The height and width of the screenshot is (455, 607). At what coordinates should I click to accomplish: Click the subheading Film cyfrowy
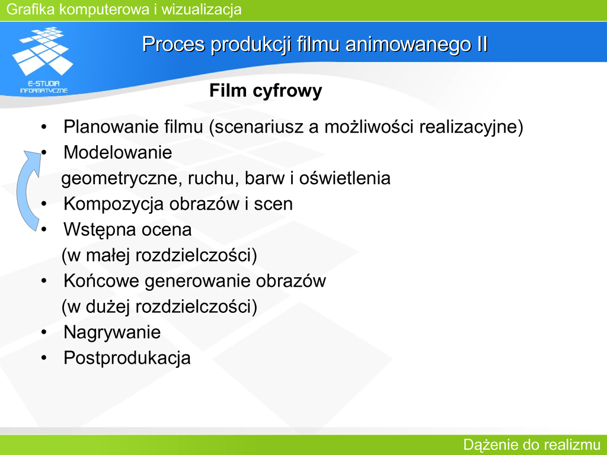(x=266, y=91)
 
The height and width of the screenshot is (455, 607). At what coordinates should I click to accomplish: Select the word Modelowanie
(x=118, y=152)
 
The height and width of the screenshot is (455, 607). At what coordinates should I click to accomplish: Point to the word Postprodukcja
(x=127, y=358)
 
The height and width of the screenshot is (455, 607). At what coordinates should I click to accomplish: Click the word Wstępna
(x=100, y=230)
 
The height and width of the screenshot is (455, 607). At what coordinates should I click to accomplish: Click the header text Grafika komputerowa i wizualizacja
(x=124, y=9)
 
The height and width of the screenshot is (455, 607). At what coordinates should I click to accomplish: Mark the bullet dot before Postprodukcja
(x=44, y=358)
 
